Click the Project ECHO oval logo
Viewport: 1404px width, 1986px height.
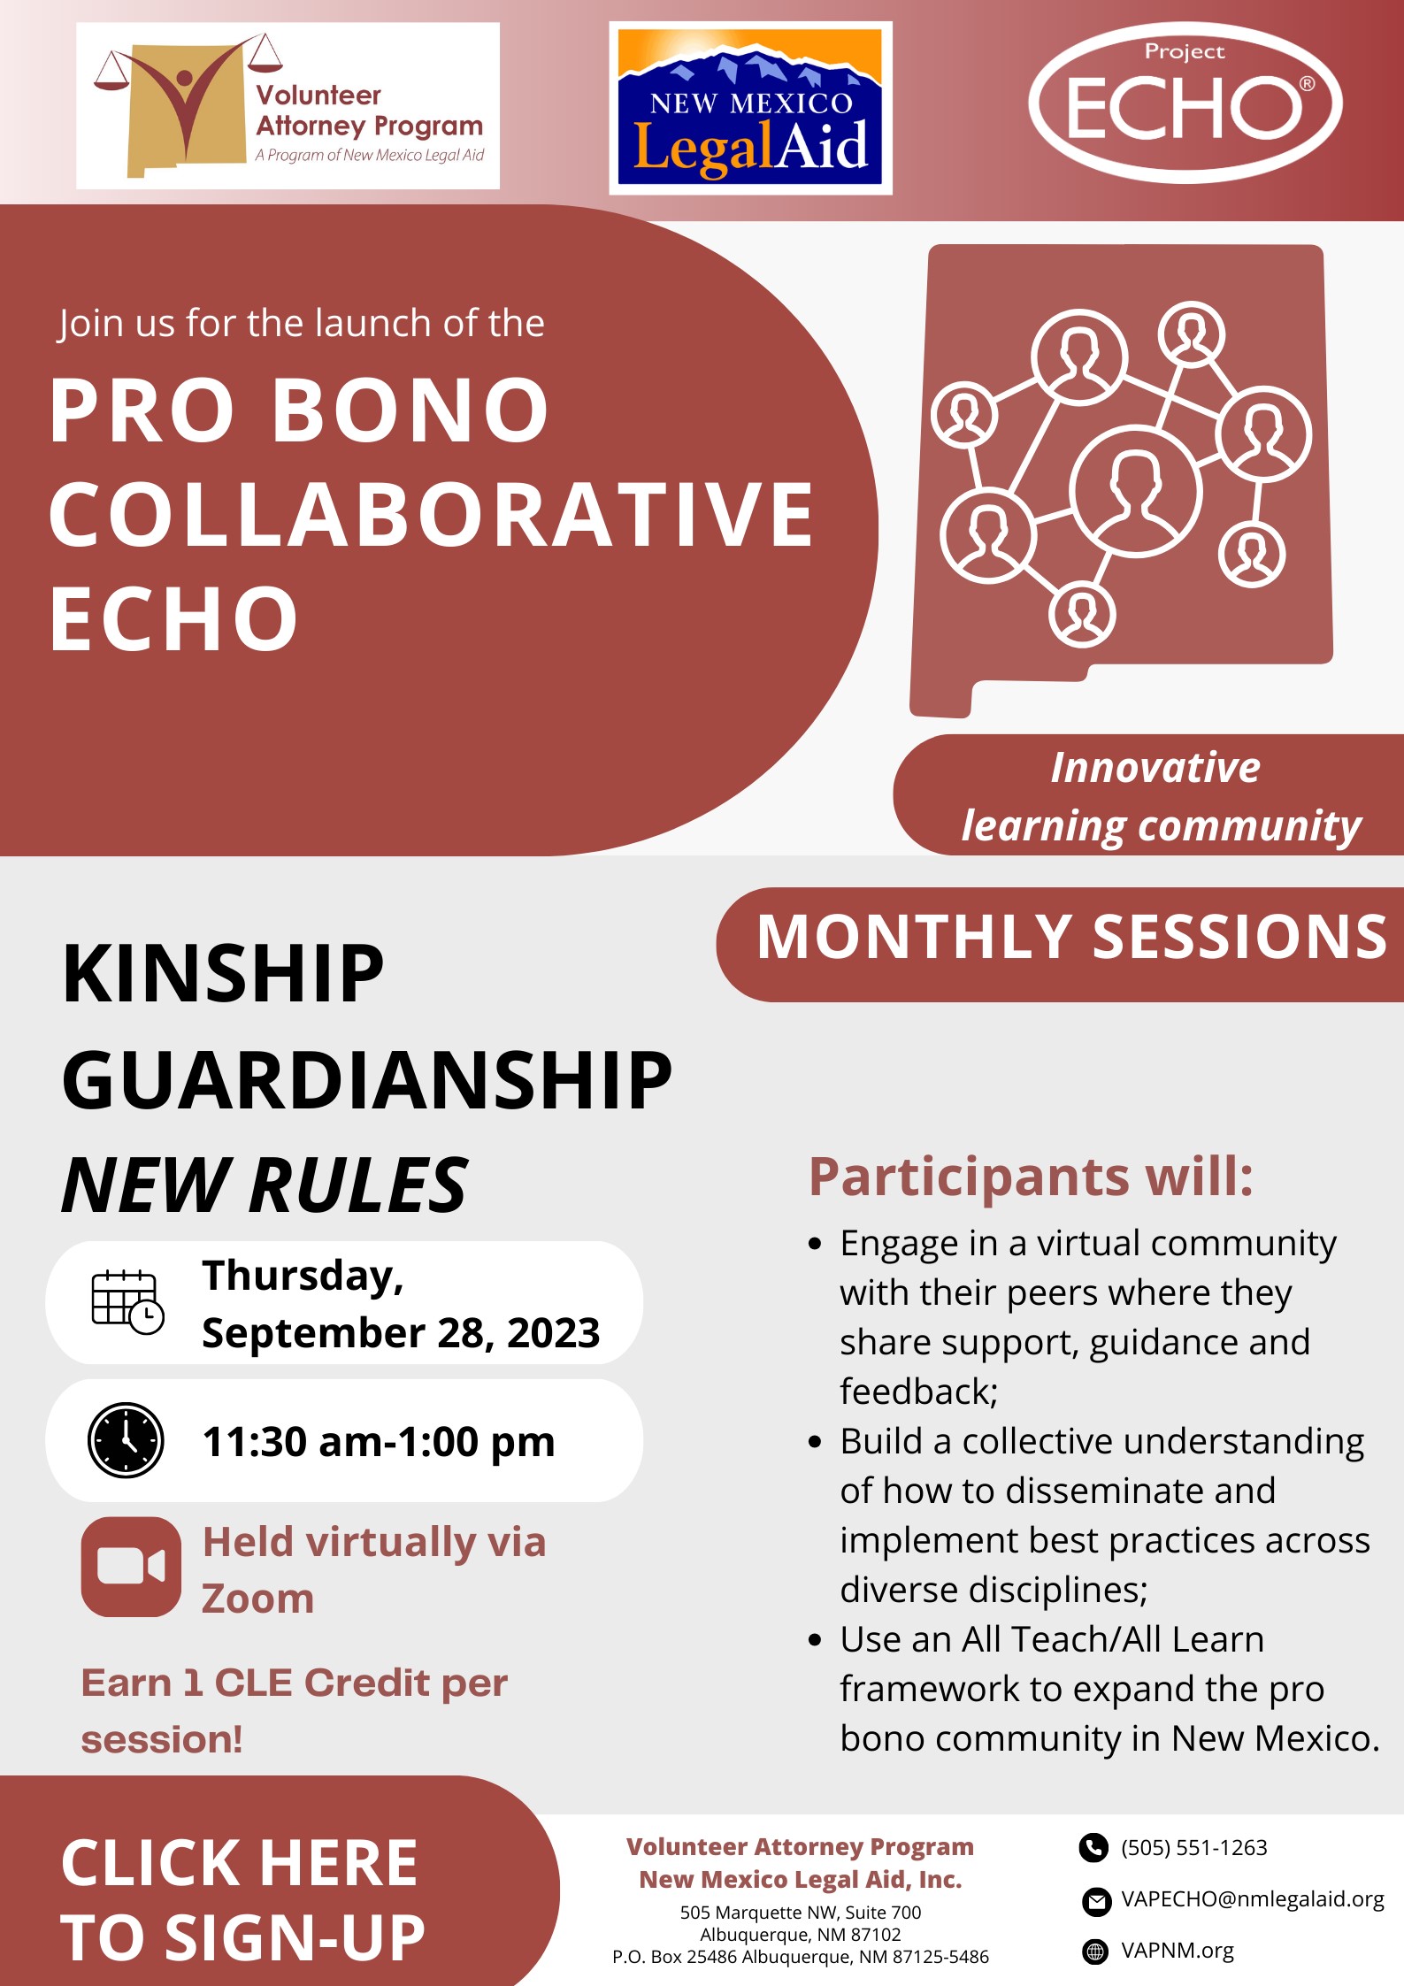pyautogui.click(x=1185, y=103)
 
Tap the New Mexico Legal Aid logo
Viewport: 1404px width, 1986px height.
pyautogui.click(x=750, y=107)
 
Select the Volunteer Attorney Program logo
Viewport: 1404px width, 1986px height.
pyautogui.click(x=288, y=105)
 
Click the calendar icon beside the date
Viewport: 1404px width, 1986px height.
pyautogui.click(x=127, y=1301)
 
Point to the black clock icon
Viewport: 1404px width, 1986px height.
pyautogui.click(x=126, y=1439)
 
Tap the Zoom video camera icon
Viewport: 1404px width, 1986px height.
pyautogui.click(x=131, y=1567)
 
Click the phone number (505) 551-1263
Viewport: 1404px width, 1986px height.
pyautogui.click(x=1193, y=1847)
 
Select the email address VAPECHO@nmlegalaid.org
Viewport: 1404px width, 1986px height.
pyautogui.click(x=1252, y=1899)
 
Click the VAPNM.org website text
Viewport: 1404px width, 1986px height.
pyautogui.click(x=1177, y=1951)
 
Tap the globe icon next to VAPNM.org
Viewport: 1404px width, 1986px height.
pyautogui.click(x=1095, y=1951)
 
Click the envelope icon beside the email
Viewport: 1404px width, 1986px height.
pyautogui.click(x=1096, y=1900)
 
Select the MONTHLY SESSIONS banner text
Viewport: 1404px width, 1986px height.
pyautogui.click(x=1071, y=937)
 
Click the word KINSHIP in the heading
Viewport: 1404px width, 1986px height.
pyautogui.click(x=223, y=973)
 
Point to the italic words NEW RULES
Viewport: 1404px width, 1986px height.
pyautogui.click(x=265, y=1185)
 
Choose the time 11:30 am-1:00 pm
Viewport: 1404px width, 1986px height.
pyautogui.click(x=379, y=1441)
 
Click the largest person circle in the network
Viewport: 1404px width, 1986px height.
pyautogui.click(x=1135, y=490)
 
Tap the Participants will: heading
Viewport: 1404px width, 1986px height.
pyautogui.click(x=1031, y=1177)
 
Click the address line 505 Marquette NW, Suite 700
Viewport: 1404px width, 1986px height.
pyautogui.click(x=801, y=1912)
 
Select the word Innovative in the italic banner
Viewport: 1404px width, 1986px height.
pyautogui.click(x=1155, y=767)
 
